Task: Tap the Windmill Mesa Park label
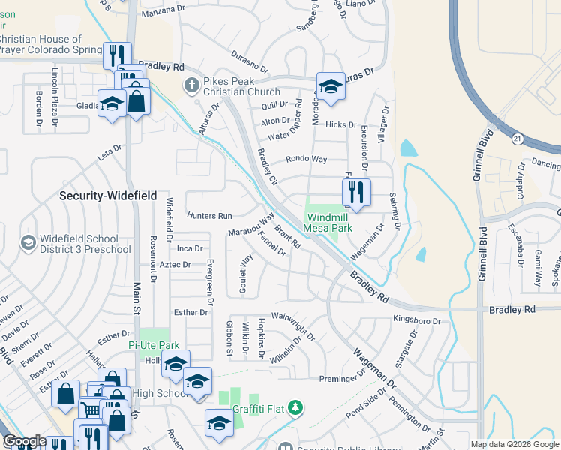point(328,223)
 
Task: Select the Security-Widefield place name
point(108,196)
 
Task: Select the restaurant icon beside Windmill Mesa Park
point(357,192)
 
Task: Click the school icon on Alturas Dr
point(330,86)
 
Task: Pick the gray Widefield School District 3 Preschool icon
point(28,242)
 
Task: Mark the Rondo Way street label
point(307,160)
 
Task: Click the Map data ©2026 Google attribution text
point(514,444)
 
